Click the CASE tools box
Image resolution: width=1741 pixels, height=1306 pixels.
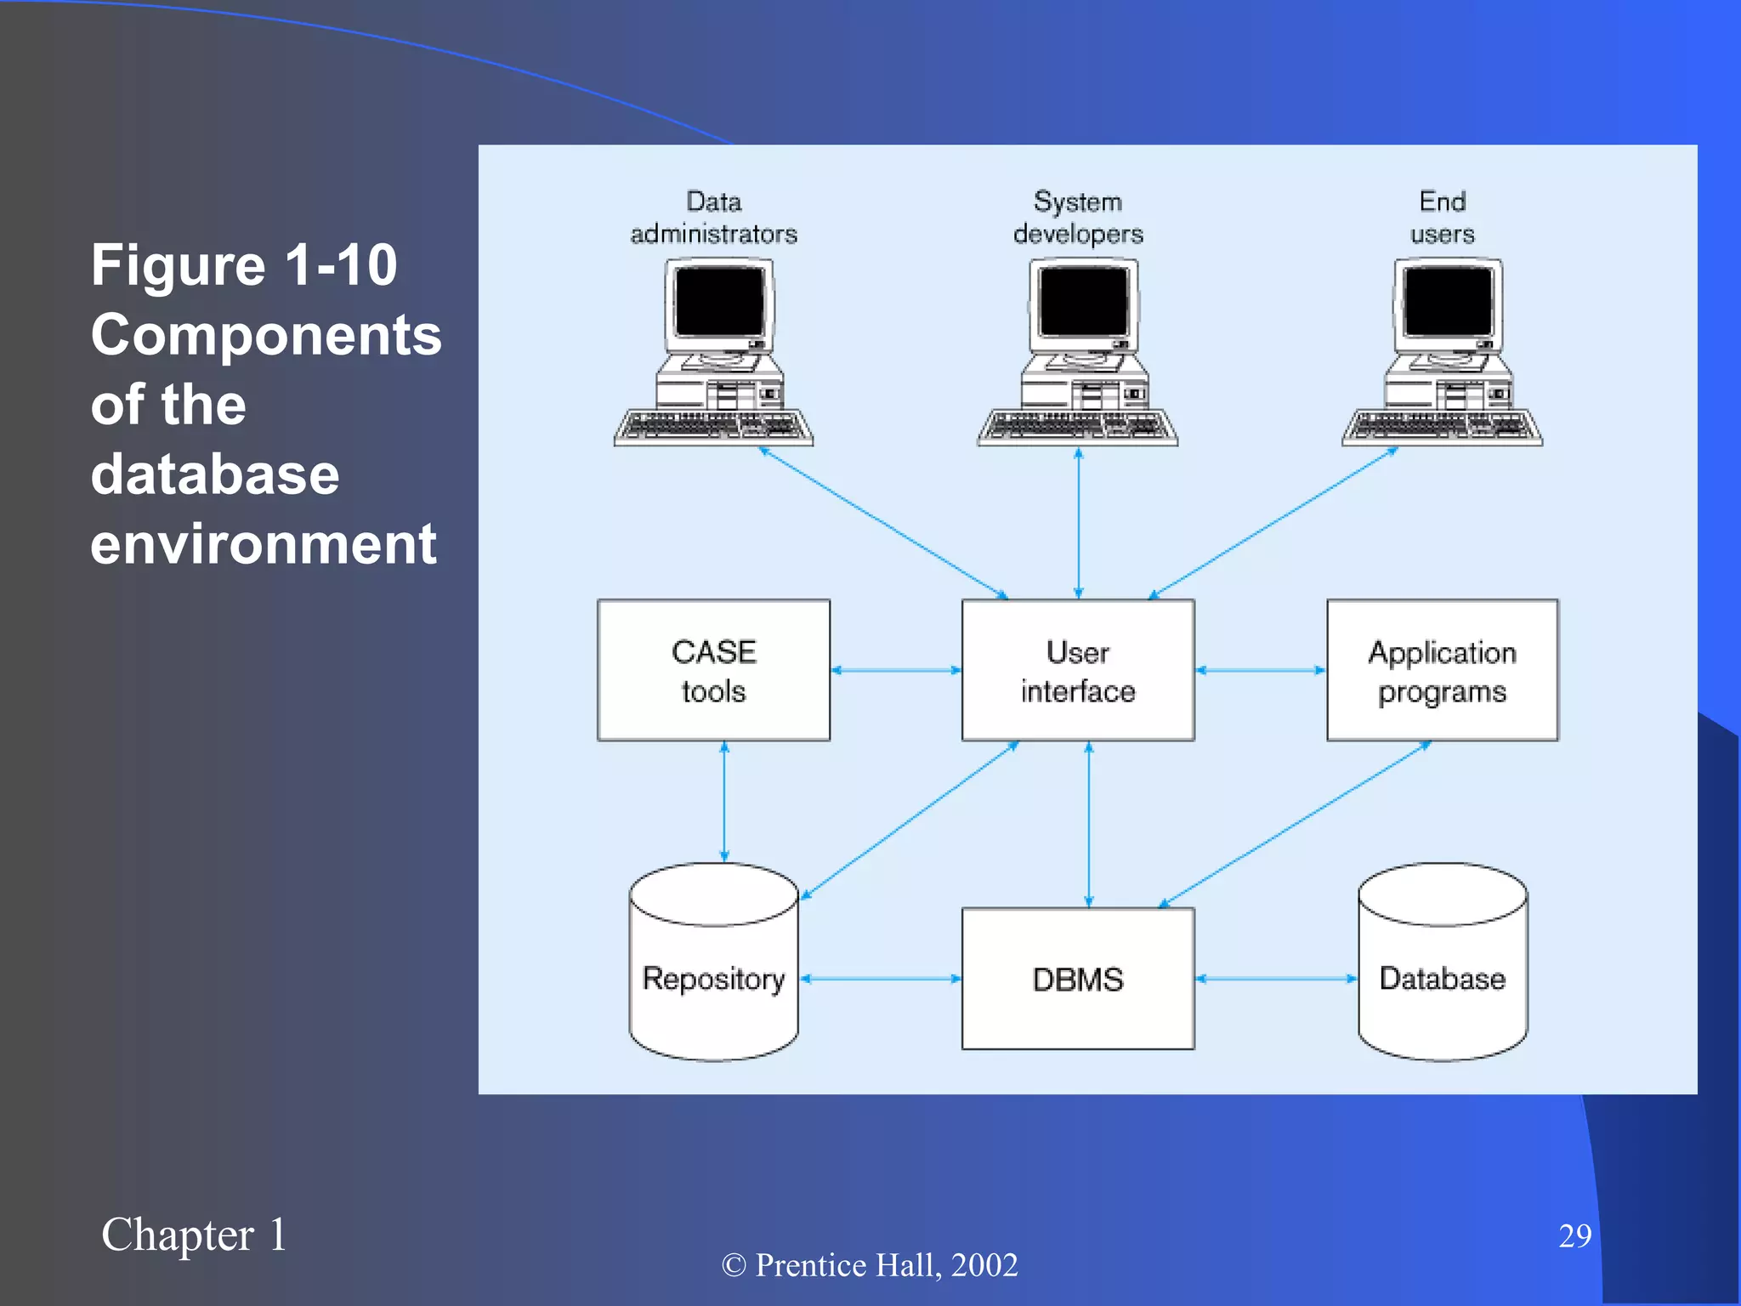[713, 670]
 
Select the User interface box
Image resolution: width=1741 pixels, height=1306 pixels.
[1078, 670]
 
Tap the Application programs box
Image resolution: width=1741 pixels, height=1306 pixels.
[1443, 670]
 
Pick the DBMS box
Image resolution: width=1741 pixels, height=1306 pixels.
[1078, 979]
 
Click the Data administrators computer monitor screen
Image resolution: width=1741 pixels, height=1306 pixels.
[719, 301]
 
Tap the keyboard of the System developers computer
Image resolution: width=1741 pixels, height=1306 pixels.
[1077, 427]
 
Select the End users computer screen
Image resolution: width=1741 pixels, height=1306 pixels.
[1449, 301]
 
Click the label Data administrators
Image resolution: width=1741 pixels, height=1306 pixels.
[713, 218]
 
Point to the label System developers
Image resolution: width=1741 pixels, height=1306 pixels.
[1078, 218]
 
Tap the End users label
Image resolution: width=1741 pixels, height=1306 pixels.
[1443, 218]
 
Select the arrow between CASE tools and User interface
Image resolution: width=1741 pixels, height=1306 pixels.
[896, 670]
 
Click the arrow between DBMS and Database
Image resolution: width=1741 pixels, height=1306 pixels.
[1276, 979]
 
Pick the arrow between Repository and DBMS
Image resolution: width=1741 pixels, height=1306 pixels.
[881, 979]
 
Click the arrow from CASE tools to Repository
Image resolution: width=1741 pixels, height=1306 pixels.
[724, 802]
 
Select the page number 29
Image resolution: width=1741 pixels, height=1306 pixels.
[1574, 1235]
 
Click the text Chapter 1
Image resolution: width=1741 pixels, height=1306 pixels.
[194, 1235]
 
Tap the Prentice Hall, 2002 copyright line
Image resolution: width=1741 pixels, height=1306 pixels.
[870, 1265]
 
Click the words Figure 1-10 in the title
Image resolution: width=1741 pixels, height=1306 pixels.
[244, 264]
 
